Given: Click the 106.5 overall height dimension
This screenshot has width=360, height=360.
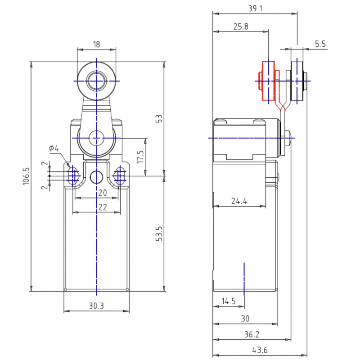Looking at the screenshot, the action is (x=26, y=176).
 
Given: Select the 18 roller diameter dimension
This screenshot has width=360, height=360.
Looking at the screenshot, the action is (x=97, y=44).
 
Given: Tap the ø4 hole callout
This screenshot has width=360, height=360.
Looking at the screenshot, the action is (x=54, y=148).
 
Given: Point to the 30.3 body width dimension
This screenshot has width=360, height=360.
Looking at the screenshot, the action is (x=96, y=306).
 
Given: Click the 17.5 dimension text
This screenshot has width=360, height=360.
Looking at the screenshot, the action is (x=140, y=157).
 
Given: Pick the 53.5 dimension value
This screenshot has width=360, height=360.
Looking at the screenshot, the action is (x=159, y=234).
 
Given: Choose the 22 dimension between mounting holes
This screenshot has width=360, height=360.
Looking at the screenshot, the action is (x=103, y=207).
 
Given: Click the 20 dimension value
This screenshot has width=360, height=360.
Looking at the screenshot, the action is (x=103, y=193).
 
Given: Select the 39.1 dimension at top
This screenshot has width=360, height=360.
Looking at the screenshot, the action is (x=255, y=9).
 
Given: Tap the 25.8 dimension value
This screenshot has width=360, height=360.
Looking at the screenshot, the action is (x=241, y=27).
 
